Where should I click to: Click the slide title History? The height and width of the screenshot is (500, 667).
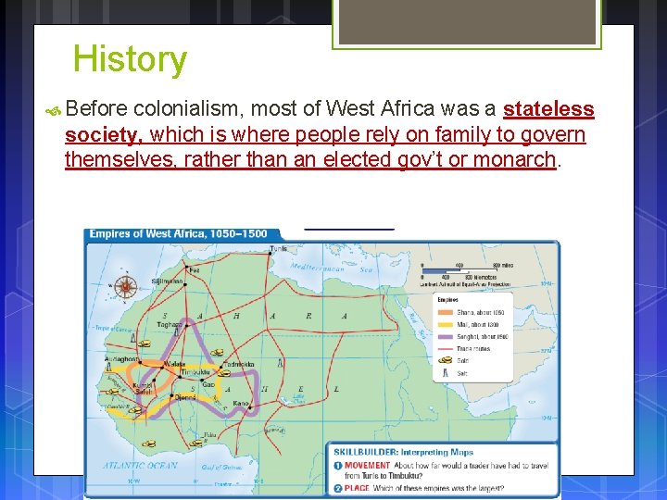(x=130, y=59)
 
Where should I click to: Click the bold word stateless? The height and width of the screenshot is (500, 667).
(x=548, y=109)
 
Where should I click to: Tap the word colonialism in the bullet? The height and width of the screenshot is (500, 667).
(x=177, y=109)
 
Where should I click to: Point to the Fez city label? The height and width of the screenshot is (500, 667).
(x=194, y=270)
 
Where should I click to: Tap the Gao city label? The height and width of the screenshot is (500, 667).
(x=208, y=383)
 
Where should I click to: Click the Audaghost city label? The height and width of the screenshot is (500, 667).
(x=121, y=358)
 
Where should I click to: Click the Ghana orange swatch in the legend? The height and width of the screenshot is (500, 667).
(x=449, y=311)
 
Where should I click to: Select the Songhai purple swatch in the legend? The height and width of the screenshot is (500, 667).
(x=449, y=336)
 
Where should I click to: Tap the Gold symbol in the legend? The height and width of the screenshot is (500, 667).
(x=449, y=360)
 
